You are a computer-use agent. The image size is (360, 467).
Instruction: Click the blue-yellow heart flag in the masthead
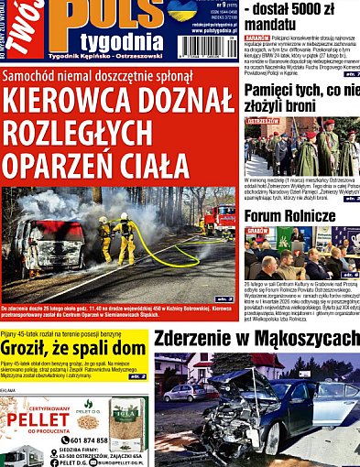182,10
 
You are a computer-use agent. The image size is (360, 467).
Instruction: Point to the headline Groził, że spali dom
73,348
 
